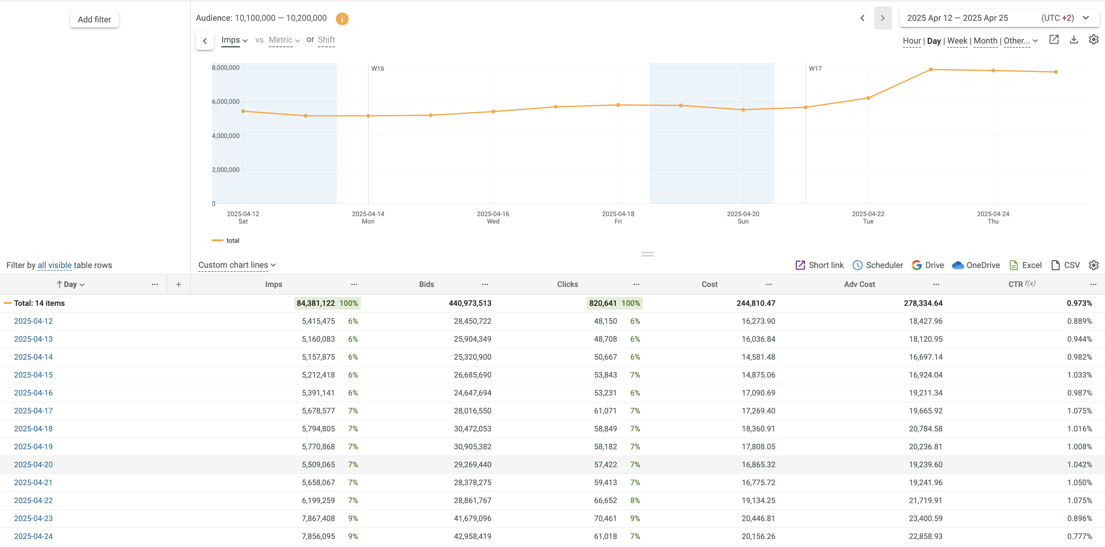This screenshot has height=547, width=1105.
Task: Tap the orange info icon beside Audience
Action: pyautogui.click(x=342, y=19)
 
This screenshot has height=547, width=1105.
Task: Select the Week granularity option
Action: pyautogui.click(x=957, y=41)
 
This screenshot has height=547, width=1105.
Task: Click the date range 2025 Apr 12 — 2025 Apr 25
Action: pyautogui.click(x=957, y=18)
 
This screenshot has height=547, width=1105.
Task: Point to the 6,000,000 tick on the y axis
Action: pyautogui.click(x=226, y=102)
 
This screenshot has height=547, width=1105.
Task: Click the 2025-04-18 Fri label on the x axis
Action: pyautogui.click(x=618, y=217)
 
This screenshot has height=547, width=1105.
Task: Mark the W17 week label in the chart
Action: pyautogui.click(x=815, y=69)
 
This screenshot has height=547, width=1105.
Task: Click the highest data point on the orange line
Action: pyautogui.click(x=931, y=69)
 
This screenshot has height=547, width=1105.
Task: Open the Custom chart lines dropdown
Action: pyautogui.click(x=237, y=265)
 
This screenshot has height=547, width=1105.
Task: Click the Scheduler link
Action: pyautogui.click(x=878, y=265)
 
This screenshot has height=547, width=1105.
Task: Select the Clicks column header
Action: pyautogui.click(x=567, y=284)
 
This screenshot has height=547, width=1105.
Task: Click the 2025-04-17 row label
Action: pyautogui.click(x=34, y=411)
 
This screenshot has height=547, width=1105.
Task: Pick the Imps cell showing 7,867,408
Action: pyautogui.click(x=318, y=518)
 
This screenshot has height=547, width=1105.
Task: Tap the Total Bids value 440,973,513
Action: pyautogui.click(x=470, y=303)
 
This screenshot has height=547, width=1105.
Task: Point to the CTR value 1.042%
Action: pyautogui.click(x=1079, y=465)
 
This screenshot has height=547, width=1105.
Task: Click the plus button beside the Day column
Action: pyautogui.click(x=178, y=284)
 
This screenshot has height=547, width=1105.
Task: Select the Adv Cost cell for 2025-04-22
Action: pyautogui.click(x=925, y=500)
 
